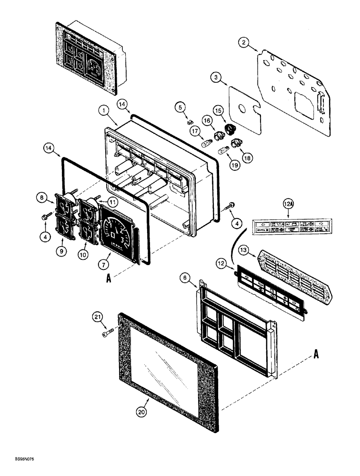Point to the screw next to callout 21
point(109,335)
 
